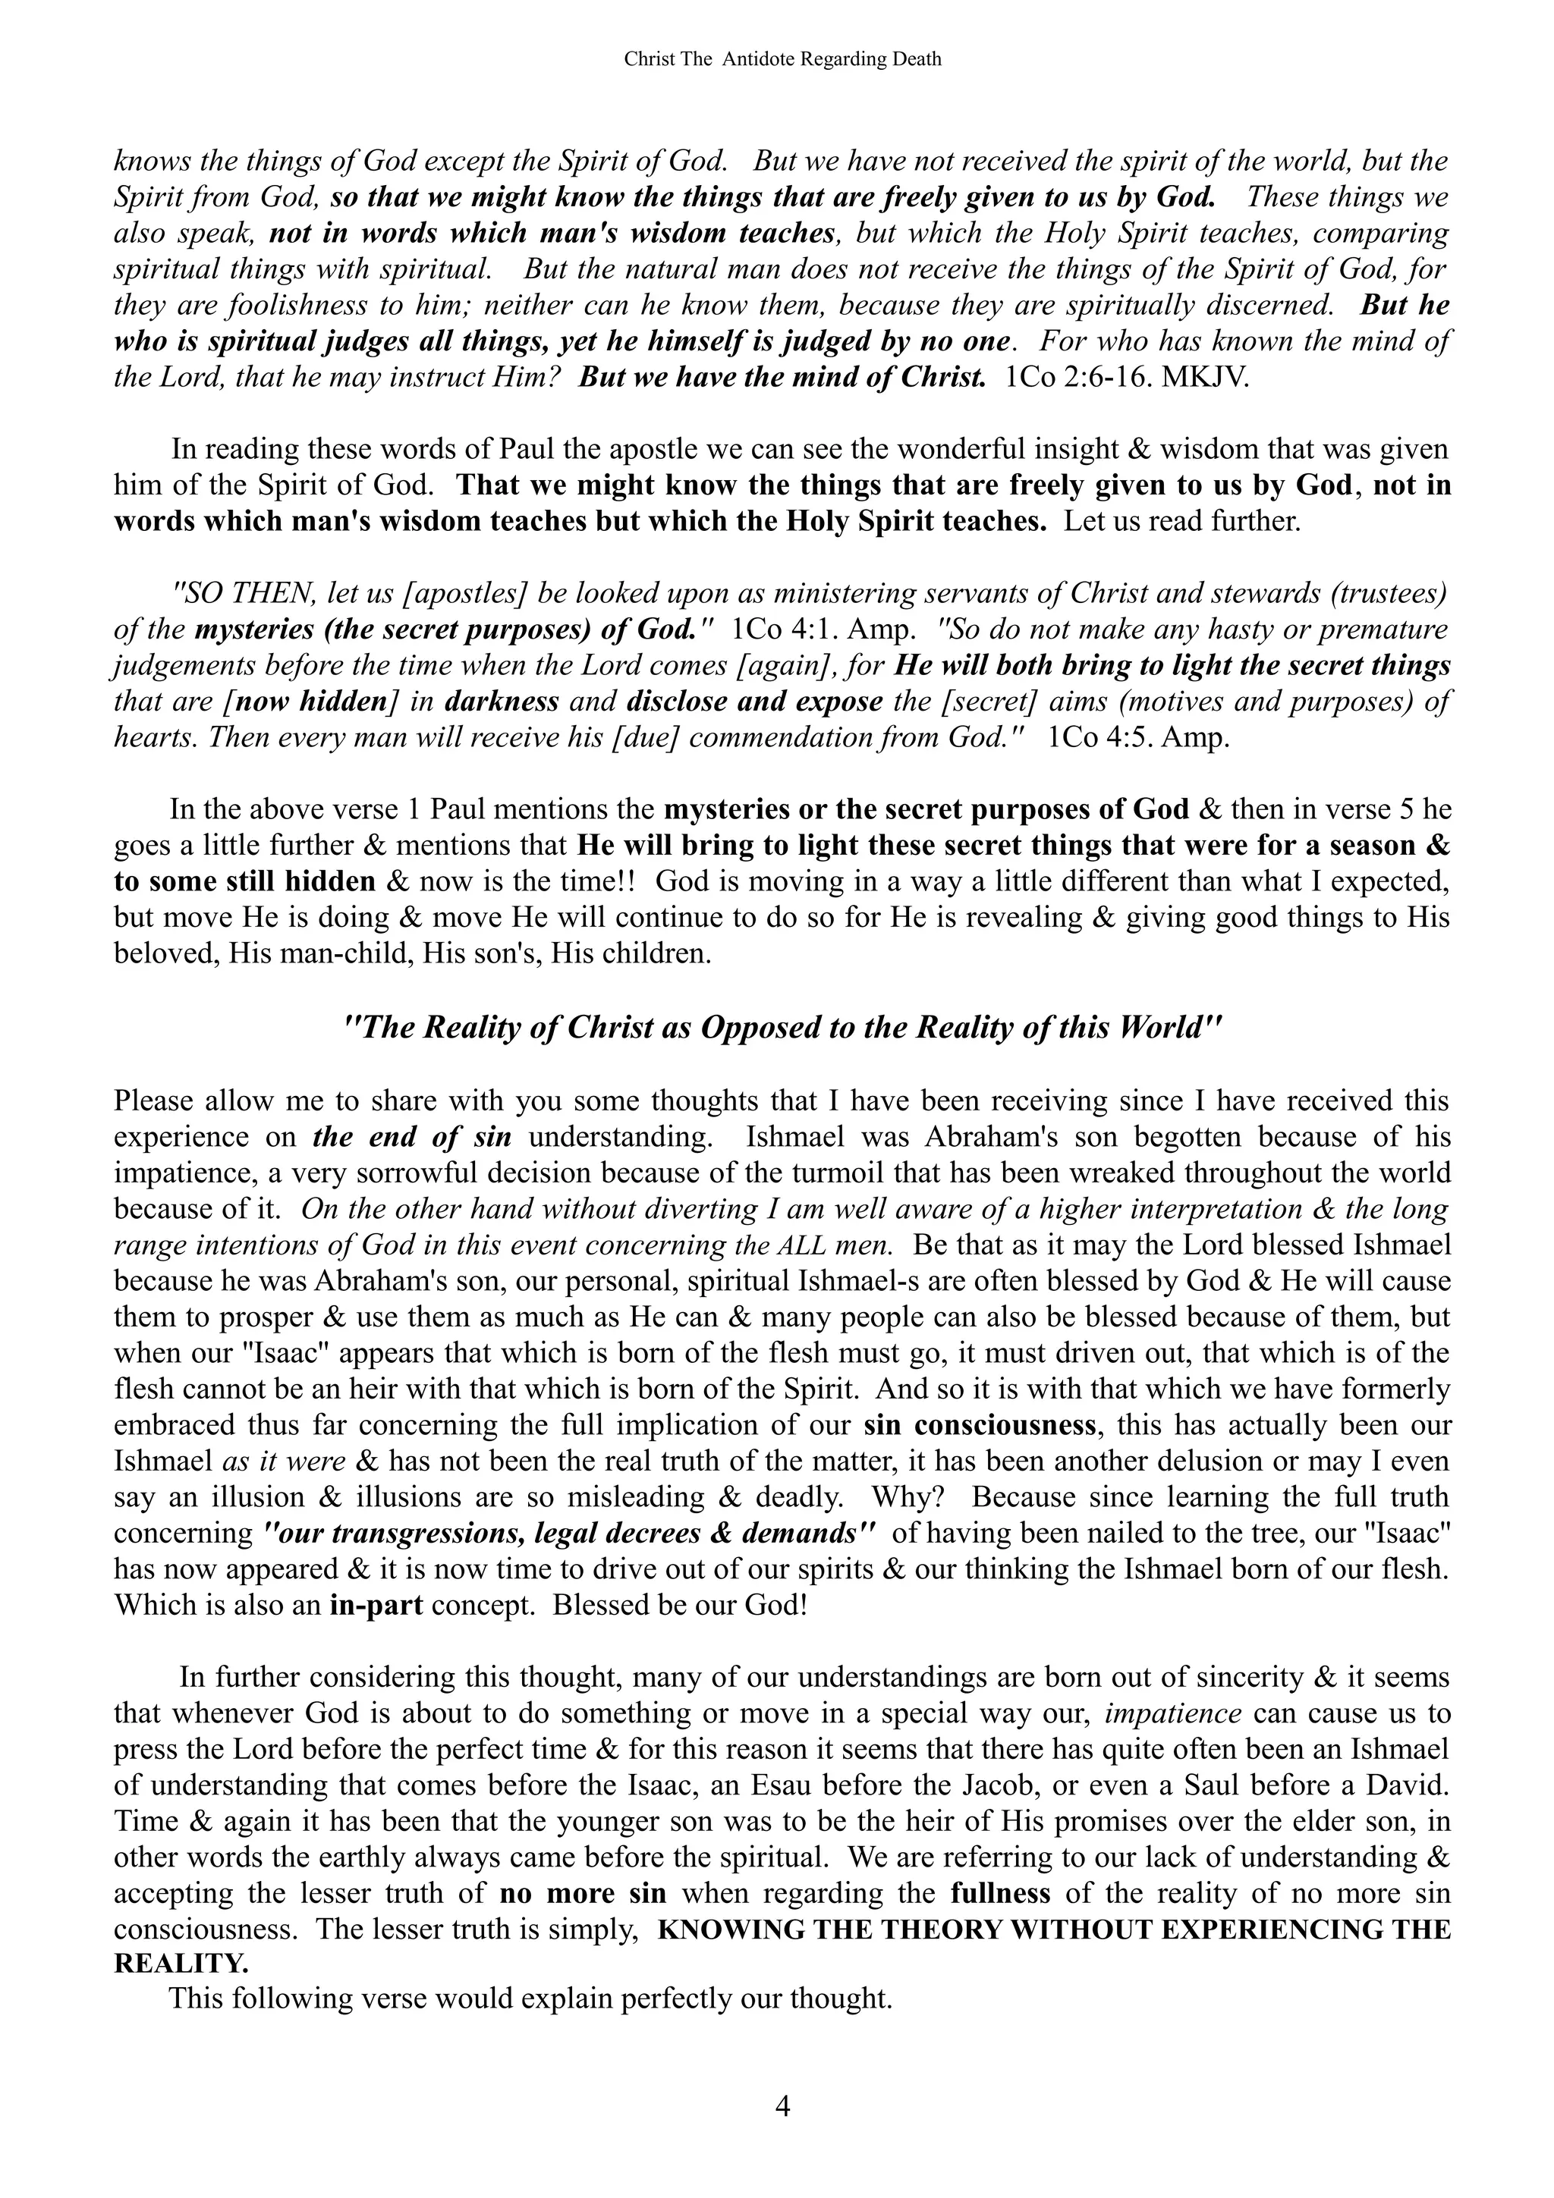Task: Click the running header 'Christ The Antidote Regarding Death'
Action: (x=782, y=59)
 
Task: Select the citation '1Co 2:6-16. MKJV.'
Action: (x=1128, y=377)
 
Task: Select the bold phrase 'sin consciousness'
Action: (x=980, y=1424)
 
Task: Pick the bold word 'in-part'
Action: (x=376, y=1604)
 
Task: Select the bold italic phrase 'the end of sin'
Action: (x=412, y=1137)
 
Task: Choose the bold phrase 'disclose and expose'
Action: (x=754, y=702)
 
